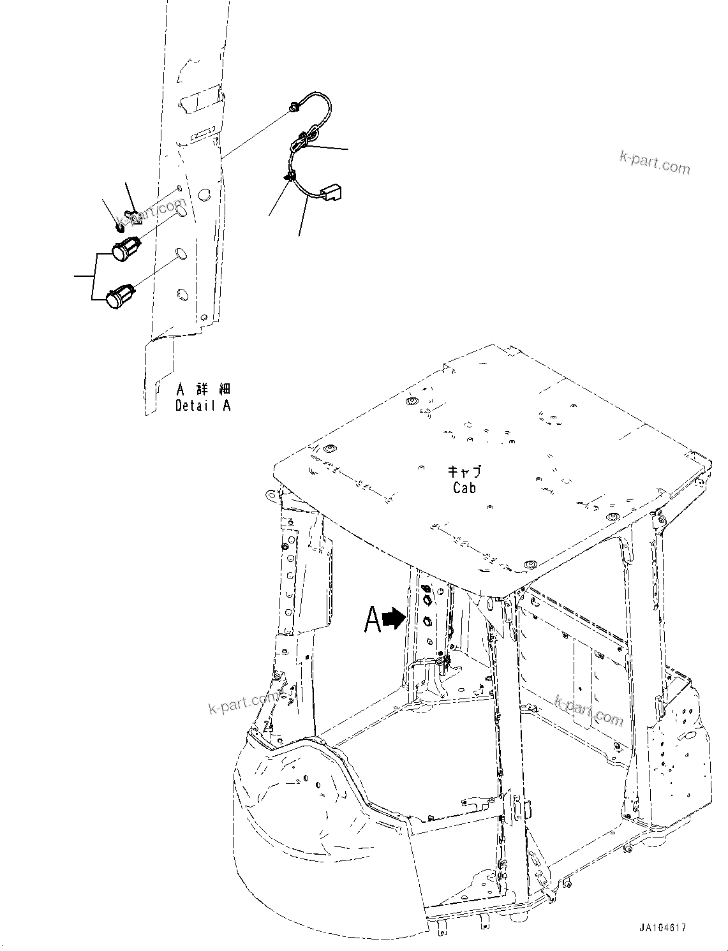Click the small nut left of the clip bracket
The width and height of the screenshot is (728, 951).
coord(121,225)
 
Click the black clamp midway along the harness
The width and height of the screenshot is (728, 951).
coord(290,177)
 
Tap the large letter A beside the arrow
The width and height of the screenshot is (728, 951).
coord(373,619)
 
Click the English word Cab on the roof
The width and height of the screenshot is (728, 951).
coord(464,487)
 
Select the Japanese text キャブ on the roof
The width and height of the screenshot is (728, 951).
coord(464,472)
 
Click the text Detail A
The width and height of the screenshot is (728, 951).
coord(203,405)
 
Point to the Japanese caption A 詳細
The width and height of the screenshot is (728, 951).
coord(203,390)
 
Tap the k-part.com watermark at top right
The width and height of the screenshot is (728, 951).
coord(655,162)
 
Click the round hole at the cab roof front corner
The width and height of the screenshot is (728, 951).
coord(527,564)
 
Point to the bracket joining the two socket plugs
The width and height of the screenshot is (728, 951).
coord(93,276)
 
